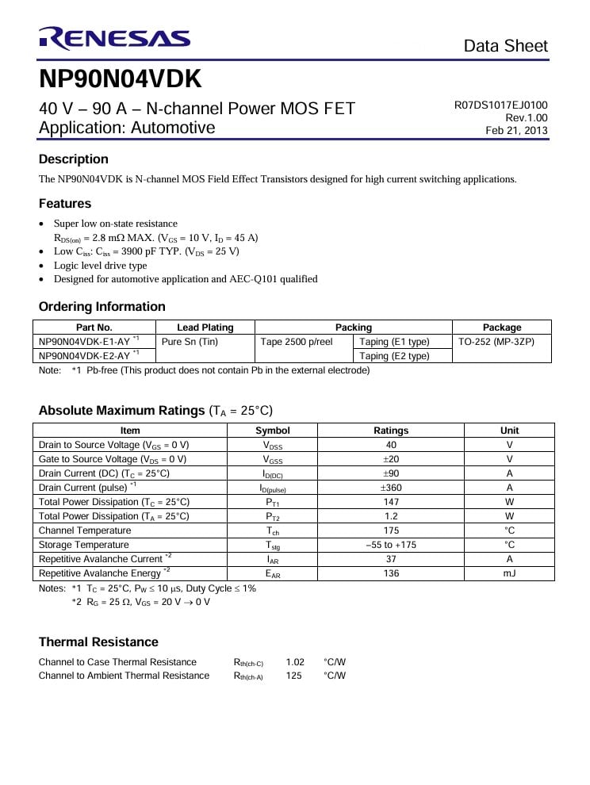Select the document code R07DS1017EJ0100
point(500,105)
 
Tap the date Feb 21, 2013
point(516,131)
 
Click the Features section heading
point(65,204)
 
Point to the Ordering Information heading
point(102,307)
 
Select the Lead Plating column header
point(205,327)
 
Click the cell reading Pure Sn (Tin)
point(190,342)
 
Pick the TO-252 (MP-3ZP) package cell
point(496,342)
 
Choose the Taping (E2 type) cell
point(394,356)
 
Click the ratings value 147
point(391,502)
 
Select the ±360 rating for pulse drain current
point(391,488)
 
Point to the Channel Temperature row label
point(85,530)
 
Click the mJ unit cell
point(509,573)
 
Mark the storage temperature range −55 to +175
point(391,545)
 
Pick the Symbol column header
point(273,431)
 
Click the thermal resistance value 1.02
point(295,662)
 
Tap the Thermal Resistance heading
point(98,642)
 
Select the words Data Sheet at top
point(506,46)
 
